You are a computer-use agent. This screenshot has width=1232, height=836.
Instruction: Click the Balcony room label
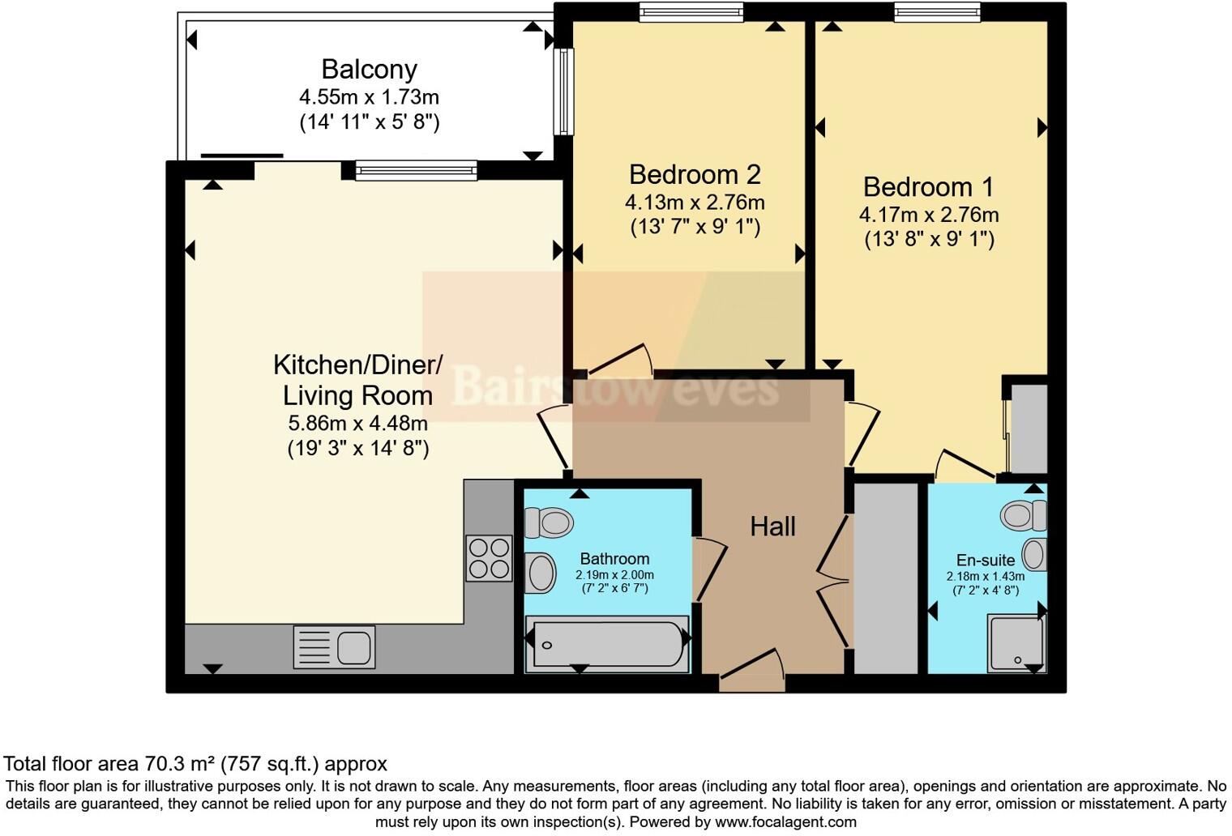coord(369,70)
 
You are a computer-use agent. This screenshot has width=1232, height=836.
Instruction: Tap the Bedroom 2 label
coord(695,174)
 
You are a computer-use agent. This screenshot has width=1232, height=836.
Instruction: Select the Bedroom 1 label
coord(928,187)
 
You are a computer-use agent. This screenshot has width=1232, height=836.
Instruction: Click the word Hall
coord(772,527)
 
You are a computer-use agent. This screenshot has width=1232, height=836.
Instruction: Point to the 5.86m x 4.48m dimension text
coord(357,423)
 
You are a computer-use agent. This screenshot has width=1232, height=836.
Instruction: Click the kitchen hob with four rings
coord(489,558)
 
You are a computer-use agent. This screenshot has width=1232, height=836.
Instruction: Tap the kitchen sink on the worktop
coord(333,648)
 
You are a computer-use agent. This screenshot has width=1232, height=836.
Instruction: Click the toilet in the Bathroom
coord(549,522)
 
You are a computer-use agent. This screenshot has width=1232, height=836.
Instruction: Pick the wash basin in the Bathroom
coord(541,573)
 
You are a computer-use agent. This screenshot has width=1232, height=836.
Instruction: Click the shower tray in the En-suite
coord(1016,643)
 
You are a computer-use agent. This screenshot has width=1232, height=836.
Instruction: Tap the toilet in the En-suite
coord(1024,514)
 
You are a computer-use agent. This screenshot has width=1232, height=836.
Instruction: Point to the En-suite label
coord(985,560)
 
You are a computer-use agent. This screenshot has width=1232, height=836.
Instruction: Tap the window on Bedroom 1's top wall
coord(937,12)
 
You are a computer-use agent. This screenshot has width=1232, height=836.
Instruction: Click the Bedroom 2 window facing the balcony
coord(563,92)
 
